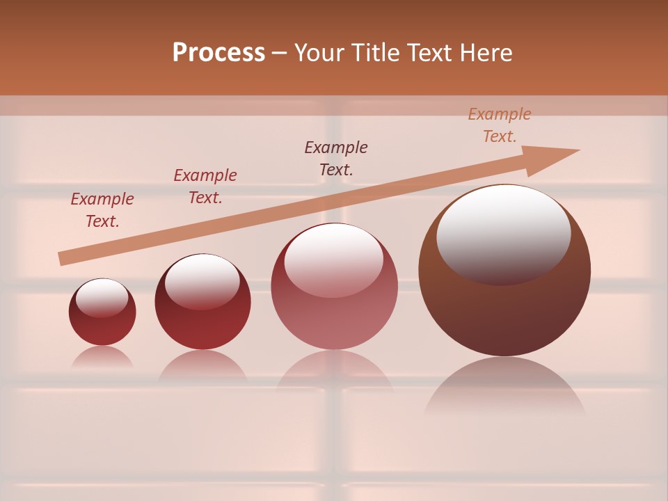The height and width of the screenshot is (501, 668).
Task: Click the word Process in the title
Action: [218, 53]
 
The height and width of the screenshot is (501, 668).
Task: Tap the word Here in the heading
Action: [485, 53]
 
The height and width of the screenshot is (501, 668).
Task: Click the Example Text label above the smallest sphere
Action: [102, 210]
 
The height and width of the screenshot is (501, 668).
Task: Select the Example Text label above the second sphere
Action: [205, 186]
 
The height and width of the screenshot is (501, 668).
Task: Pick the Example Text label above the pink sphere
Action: [336, 159]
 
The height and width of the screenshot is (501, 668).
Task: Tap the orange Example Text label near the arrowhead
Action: [500, 125]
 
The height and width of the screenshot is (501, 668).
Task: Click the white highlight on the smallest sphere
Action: [102, 298]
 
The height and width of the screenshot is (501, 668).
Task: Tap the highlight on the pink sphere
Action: [334, 259]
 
